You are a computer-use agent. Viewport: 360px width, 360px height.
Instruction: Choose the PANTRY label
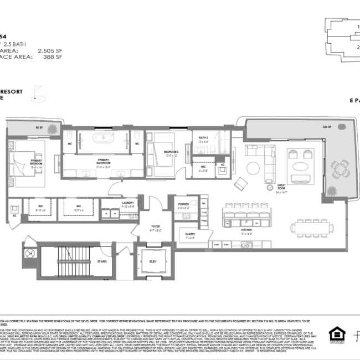pyautogui.click(x=190, y=235)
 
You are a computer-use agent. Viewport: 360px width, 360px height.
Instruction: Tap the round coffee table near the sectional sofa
pyautogui.click(x=253, y=167)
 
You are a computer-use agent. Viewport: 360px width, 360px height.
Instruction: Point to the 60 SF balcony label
pyautogui.click(x=39, y=127)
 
